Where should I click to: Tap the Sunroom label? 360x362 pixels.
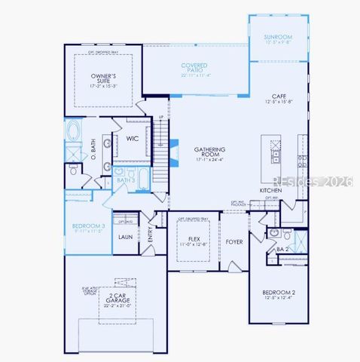tap(278, 37)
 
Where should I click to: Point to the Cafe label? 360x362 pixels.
tap(279, 97)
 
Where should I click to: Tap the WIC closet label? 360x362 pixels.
tap(132, 138)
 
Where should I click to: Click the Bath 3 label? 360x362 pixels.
tap(126, 180)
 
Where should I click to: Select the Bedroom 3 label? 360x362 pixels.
tap(88, 226)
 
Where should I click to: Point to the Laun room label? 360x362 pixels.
tap(125, 237)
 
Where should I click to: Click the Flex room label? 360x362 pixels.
tap(193, 239)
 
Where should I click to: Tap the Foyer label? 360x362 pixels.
tap(234, 242)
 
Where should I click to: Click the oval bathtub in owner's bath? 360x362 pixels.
tap(75, 133)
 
